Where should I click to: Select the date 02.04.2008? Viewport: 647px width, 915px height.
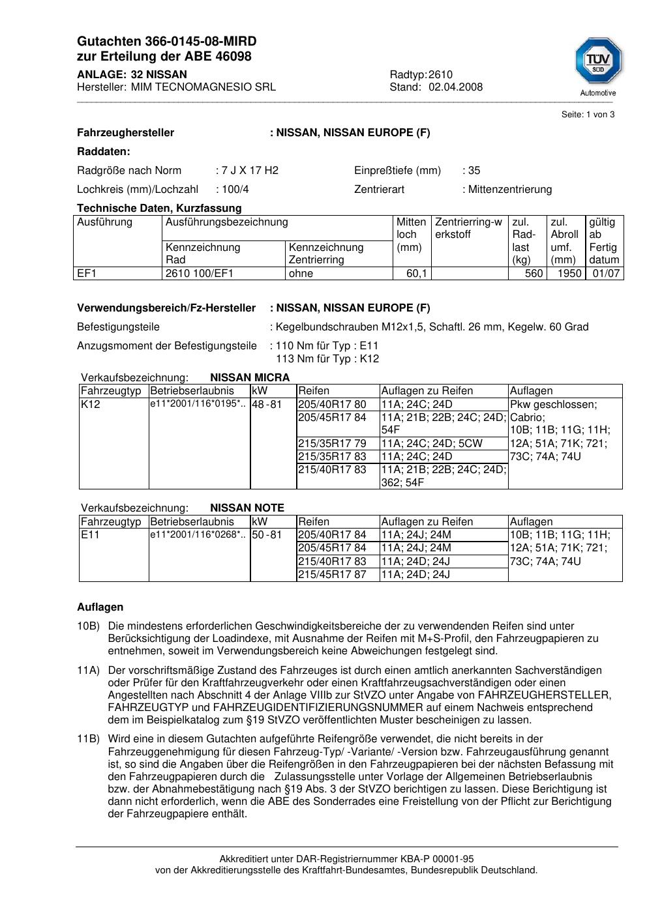(455, 87)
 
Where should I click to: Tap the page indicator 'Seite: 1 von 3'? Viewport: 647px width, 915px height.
(588, 115)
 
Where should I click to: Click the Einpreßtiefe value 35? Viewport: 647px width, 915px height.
(474, 171)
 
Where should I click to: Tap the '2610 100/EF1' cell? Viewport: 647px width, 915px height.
(200, 274)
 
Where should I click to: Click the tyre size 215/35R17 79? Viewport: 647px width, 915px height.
(332, 444)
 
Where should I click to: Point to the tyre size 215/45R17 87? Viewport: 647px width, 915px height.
(332, 575)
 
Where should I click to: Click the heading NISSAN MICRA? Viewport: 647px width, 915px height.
(250, 378)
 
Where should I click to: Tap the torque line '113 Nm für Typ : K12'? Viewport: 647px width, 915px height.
(327, 359)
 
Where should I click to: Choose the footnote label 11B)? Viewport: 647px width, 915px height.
(88, 739)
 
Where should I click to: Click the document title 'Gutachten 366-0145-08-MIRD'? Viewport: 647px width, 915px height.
(167, 42)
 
